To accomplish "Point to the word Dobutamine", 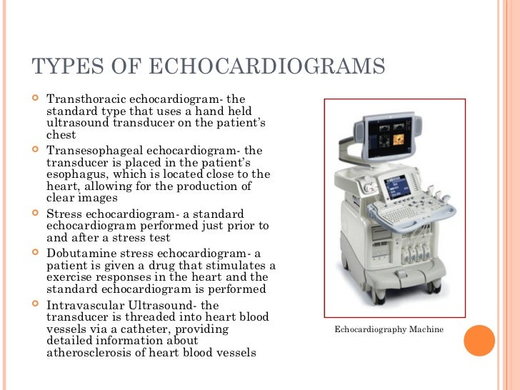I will (79, 254).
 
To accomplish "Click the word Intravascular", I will (81, 306).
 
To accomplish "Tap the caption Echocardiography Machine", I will (389, 329).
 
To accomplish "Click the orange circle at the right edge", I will (479, 340).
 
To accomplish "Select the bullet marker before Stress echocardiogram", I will (36, 214).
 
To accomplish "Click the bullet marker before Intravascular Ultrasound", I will (36, 306).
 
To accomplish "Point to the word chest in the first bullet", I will (61, 134).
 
